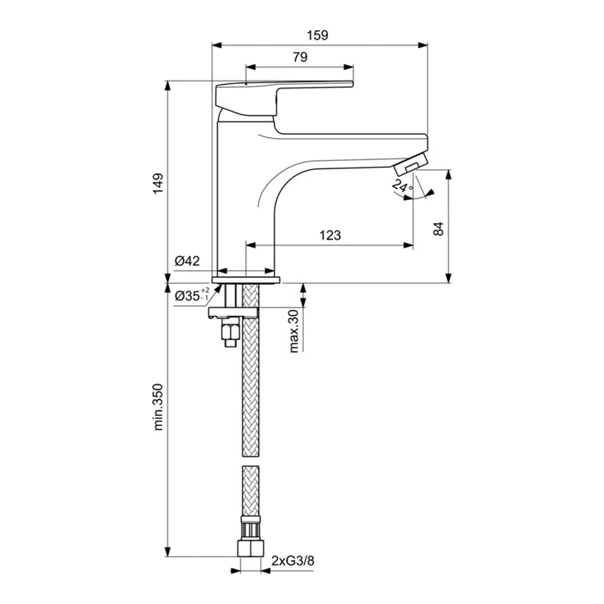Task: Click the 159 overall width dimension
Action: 318,36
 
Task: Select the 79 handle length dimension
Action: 300,57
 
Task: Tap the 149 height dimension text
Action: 158,184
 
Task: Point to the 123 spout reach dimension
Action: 330,235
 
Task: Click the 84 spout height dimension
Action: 439,229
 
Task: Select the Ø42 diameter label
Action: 187,261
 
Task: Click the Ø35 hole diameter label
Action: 192,295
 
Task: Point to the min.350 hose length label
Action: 158,406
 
